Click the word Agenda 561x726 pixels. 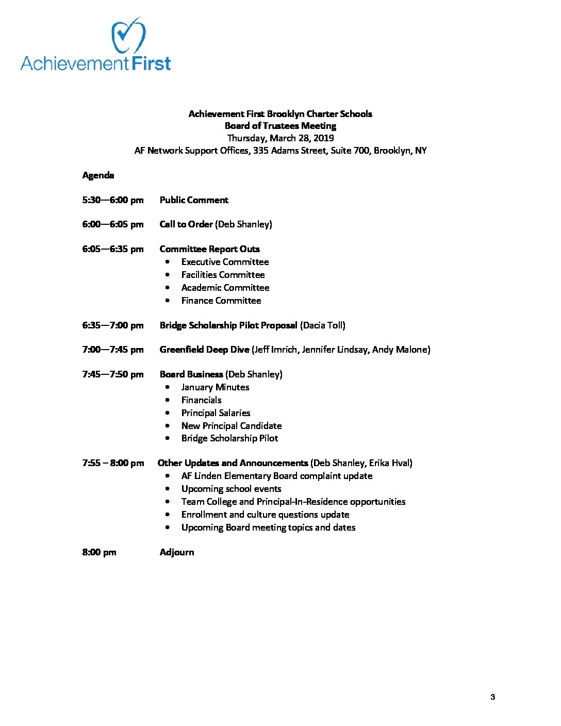click(x=98, y=175)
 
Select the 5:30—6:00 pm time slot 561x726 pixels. click(x=112, y=200)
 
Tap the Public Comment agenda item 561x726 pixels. click(x=194, y=200)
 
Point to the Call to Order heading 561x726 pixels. click(x=186, y=224)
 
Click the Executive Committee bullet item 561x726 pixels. click(x=225, y=262)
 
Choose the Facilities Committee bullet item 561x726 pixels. click(x=223, y=275)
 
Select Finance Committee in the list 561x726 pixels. click(x=221, y=301)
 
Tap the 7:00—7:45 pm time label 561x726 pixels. click(x=112, y=350)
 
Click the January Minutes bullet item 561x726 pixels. click(x=215, y=387)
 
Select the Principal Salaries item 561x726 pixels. click(x=216, y=413)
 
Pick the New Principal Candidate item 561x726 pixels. click(x=232, y=426)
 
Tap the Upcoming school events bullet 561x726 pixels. click(x=231, y=489)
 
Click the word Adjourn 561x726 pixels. click(x=177, y=552)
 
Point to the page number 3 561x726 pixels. click(x=492, y=697)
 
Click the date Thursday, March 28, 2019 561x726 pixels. click(x=280, y=138)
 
